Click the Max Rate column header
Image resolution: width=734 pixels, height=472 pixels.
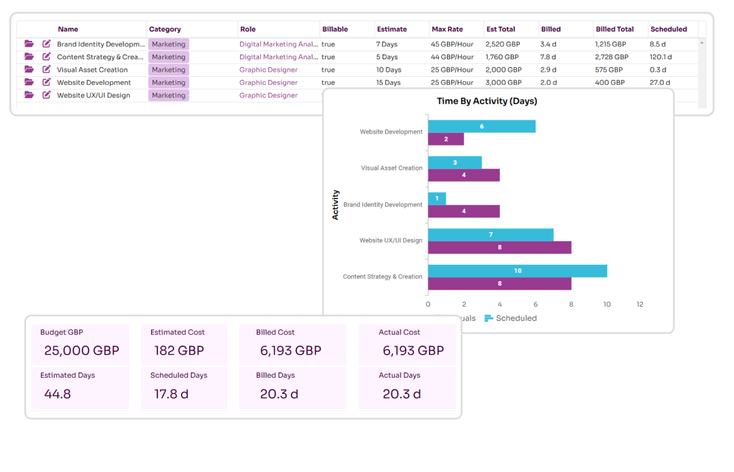447,29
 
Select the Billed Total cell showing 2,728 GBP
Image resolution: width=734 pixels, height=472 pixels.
611,57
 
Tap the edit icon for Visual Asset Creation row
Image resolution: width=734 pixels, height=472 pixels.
46,70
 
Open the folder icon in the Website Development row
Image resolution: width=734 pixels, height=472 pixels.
29,82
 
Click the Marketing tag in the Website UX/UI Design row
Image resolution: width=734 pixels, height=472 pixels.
169,96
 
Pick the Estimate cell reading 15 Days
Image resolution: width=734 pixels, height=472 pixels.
388,82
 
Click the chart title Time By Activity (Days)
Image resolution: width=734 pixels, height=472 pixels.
487,101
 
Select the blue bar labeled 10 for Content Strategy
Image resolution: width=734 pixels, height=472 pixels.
517,271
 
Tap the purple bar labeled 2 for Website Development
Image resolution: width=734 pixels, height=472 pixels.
446,139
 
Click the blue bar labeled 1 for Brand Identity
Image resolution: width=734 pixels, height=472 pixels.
437,199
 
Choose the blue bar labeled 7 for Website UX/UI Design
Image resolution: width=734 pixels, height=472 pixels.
491,235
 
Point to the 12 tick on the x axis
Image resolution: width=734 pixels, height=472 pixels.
640,305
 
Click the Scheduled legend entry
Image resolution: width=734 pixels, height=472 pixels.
511,318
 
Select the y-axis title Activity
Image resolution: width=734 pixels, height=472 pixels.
335,205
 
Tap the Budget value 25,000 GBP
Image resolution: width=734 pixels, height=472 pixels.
81,351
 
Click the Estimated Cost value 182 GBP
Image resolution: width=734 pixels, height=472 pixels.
179,351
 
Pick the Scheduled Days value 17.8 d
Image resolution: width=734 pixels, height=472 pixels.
171,394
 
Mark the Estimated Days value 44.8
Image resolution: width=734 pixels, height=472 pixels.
57,394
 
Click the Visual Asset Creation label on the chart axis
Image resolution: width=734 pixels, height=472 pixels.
391,168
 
